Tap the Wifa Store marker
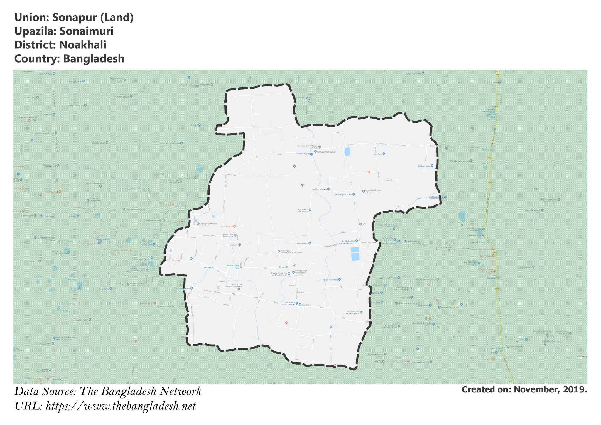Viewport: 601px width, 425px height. click(384, 154)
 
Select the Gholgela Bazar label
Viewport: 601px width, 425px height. click(424, 166)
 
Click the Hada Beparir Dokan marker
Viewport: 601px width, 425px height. click(354, 194)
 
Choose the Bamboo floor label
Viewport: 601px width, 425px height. click(302, 244)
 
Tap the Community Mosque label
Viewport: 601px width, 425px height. click(205, 224)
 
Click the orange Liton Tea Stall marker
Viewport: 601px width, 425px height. click(234, 227)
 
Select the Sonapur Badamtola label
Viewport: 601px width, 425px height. click(330, 279)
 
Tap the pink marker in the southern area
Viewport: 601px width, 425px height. click(286, 323)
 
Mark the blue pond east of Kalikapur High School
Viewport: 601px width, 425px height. click(347, 152)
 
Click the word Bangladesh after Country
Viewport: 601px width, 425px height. click(94, 59)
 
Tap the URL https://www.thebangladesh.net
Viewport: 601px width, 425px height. click(121, 406)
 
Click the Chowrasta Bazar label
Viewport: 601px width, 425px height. click(303, 153)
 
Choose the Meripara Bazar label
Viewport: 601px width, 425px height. click(234, 265)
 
